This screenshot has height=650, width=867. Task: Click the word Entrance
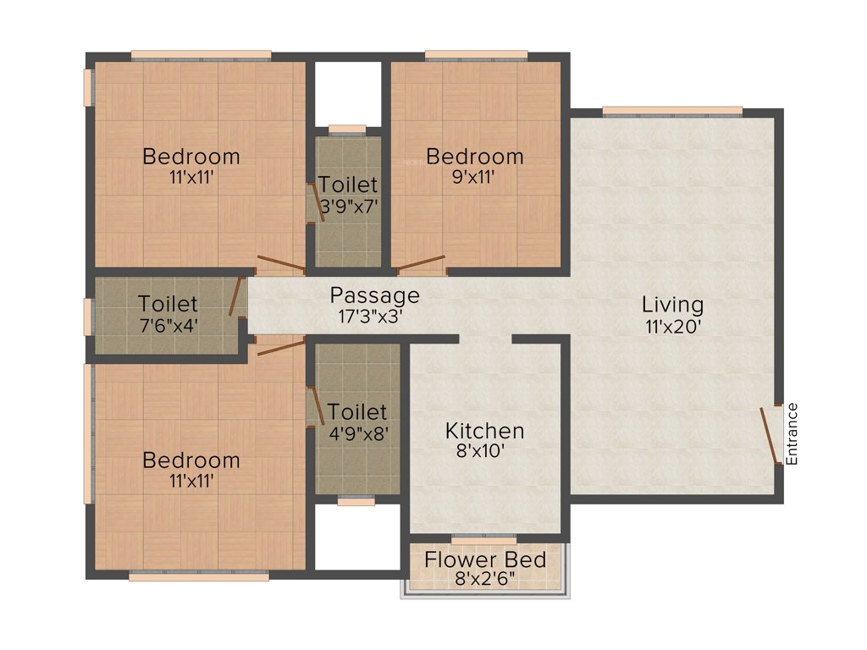[792, 433]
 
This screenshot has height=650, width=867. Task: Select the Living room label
[672, 305]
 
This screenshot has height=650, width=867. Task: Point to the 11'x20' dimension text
[672, 327]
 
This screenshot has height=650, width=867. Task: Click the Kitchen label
[485, 431]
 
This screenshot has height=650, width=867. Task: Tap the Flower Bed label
[485, 560]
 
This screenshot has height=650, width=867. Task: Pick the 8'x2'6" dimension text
[485, 581]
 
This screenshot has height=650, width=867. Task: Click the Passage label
[374, 295]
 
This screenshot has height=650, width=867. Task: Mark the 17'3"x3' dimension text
[374, 316]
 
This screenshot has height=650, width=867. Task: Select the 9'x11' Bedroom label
[474, 157]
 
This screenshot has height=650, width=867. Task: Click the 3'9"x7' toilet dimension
[348, 204]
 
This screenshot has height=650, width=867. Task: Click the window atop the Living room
[672, 111]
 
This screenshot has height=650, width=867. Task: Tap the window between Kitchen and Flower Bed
[483, 538]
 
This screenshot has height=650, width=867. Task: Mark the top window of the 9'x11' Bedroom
[476, 57]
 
